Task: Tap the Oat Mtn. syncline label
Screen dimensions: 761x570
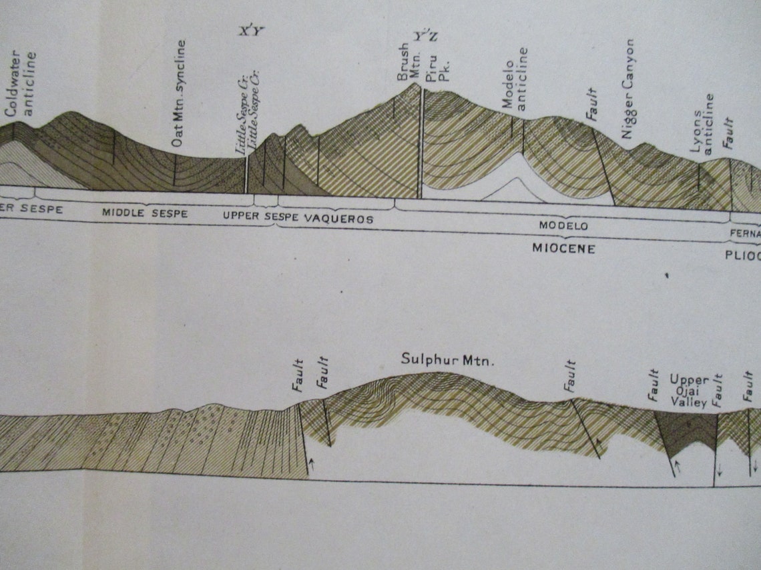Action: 178,93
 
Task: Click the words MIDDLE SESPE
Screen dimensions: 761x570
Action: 144,213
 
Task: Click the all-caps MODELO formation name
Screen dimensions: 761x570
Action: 563,226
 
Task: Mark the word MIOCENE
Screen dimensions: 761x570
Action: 563,249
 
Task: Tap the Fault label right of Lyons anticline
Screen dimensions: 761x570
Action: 728,133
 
